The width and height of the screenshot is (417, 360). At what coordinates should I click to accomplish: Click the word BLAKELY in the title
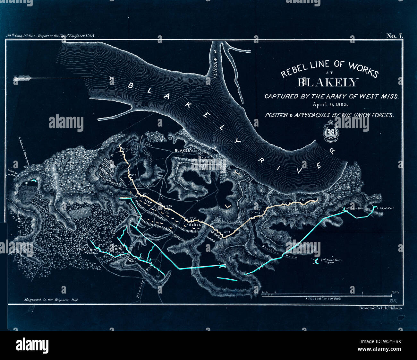327,83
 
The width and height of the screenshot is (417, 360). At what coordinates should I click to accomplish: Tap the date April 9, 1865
330,104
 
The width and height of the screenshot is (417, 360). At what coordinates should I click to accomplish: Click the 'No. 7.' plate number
394,36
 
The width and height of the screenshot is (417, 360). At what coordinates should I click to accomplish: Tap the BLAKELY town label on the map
183,150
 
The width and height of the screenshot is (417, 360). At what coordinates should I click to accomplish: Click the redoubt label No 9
124,149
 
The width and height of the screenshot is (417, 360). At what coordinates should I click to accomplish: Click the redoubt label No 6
169,206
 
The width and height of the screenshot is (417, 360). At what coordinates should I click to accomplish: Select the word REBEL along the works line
195,225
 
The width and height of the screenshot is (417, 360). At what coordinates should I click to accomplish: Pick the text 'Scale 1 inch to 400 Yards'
323,299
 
